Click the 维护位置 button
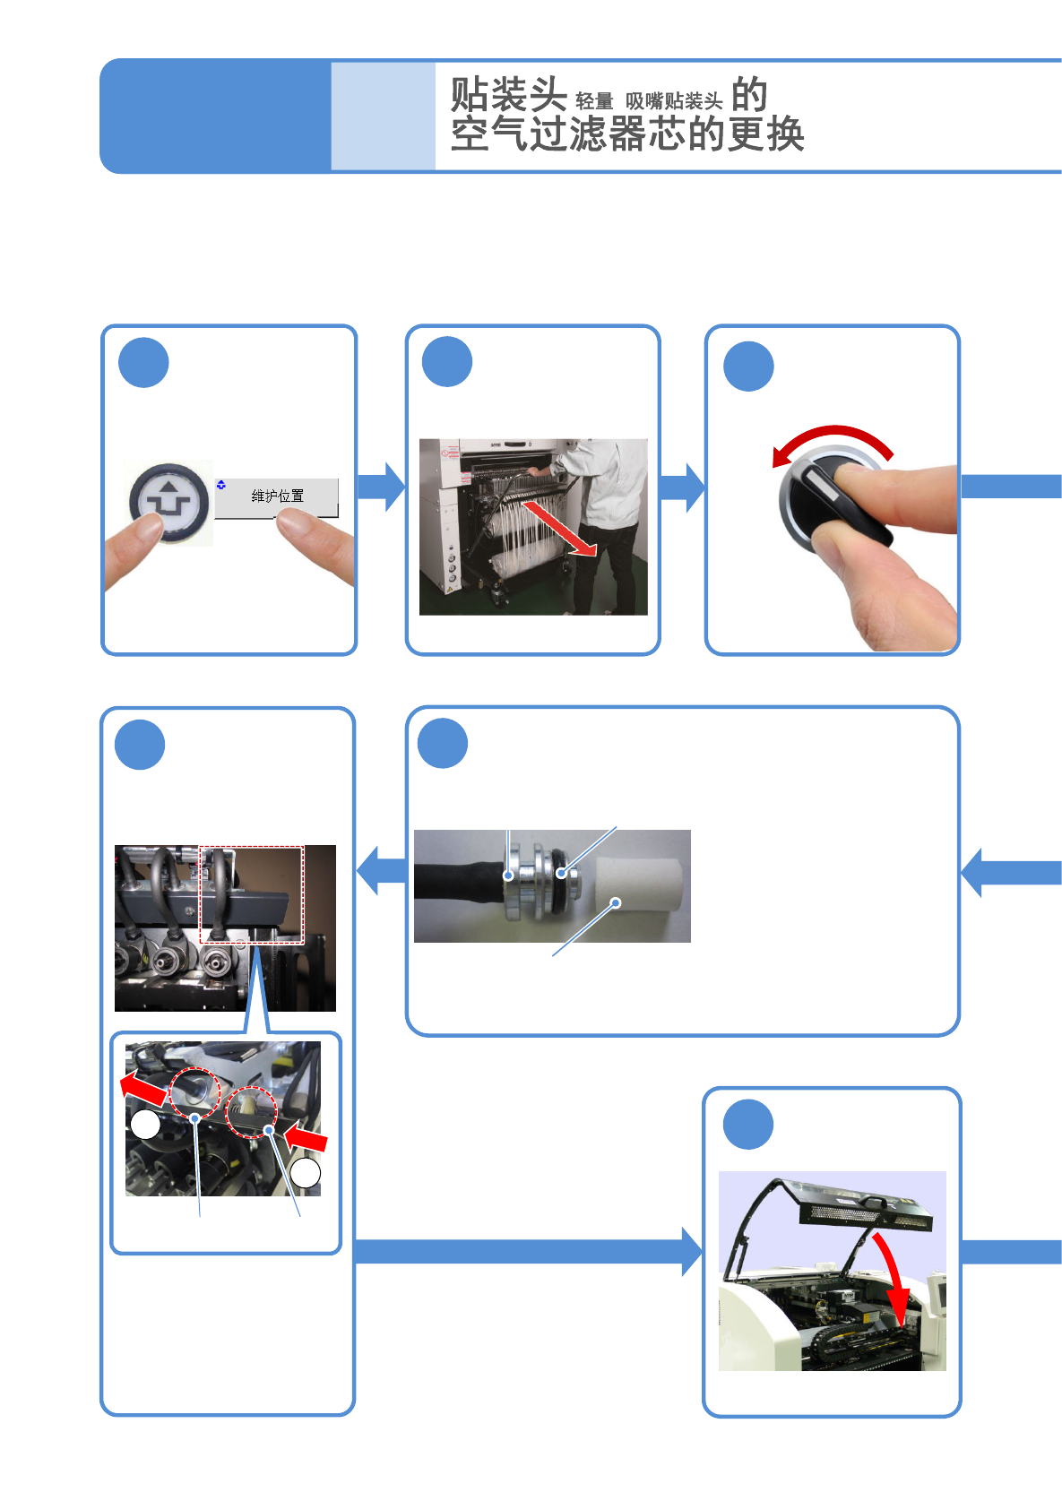click(276, 496)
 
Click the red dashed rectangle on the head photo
click(251, 894)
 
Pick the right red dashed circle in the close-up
click(250, 1112)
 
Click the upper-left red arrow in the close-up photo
click(144, 1088)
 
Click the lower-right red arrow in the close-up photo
click(307, 1139)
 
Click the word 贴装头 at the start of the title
click(507, 95)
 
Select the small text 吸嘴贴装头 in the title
click(673, 101)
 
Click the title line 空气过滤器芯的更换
click(626, 135)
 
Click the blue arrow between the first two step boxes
click(381, 487)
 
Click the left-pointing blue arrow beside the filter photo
click(380, 869)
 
